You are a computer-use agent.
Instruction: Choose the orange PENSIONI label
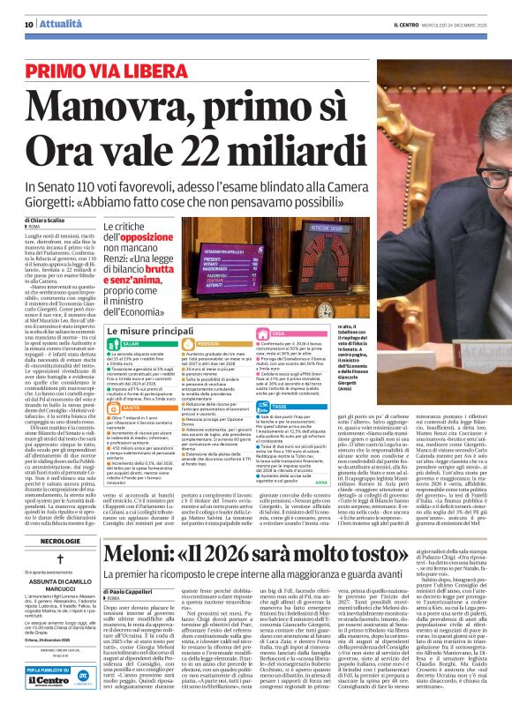[208, 343]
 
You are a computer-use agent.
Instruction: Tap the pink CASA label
[278, 333]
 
